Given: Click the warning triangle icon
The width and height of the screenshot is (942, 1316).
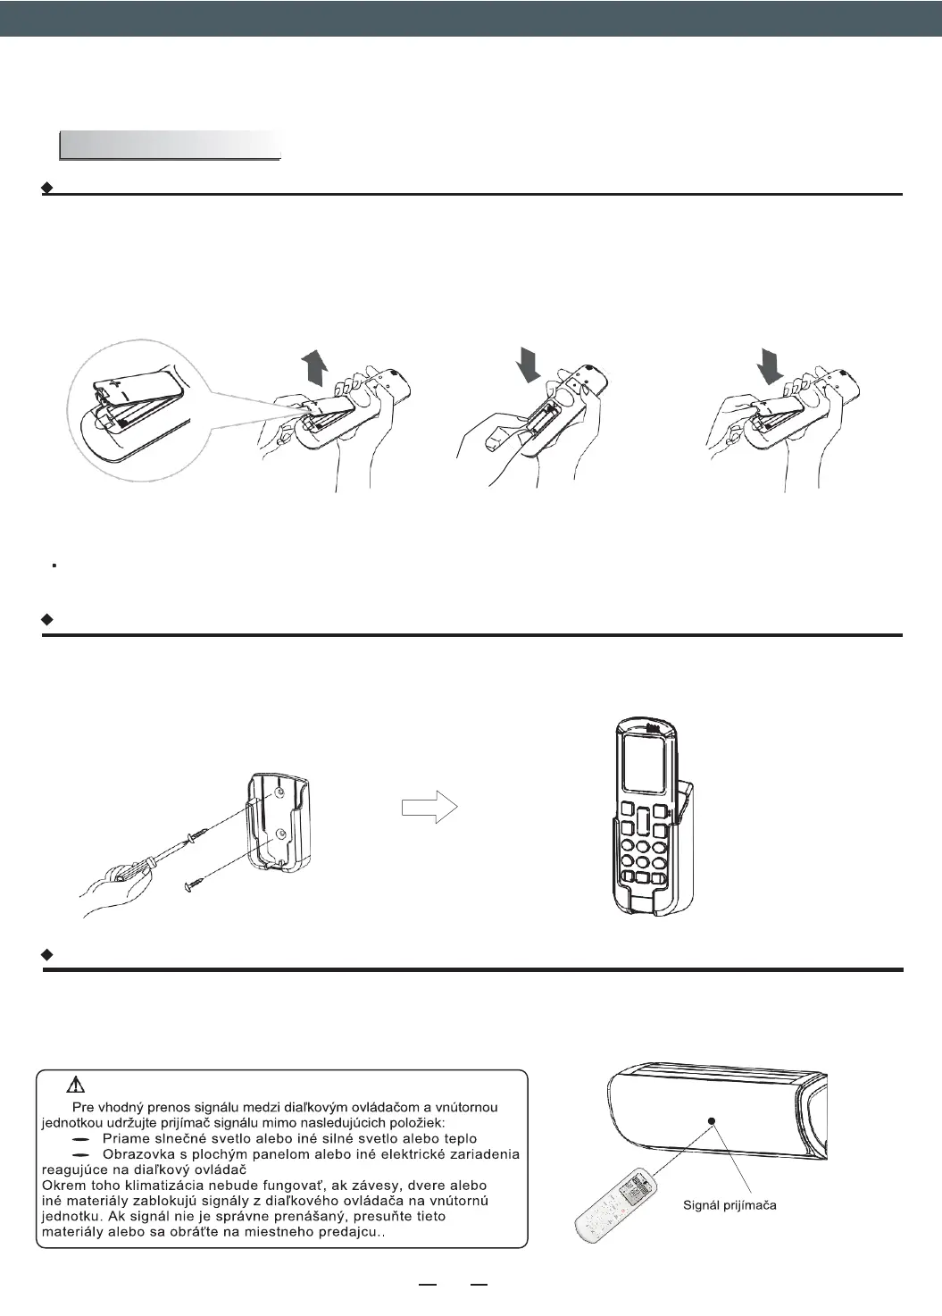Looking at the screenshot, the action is pos(76,1085).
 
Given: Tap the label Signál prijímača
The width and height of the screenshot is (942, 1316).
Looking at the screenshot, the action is pos(729,1205).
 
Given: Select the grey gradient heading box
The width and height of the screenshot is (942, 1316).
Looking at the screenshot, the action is pos(170,145).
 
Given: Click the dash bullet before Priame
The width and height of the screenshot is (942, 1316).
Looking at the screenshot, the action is pos(81,1140).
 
